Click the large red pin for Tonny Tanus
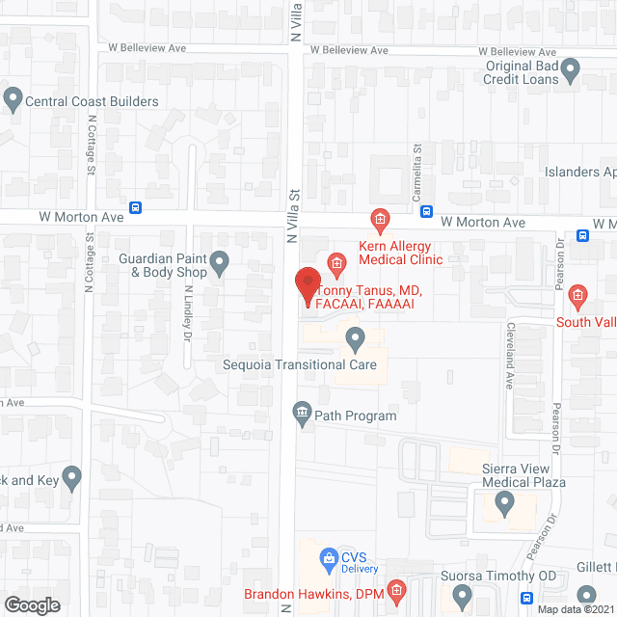tap(307, 286)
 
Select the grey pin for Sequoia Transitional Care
tap(355, 338)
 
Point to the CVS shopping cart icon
tap(328, 557)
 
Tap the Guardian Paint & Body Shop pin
tap(220, 260)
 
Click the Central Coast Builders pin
tap(13, 96)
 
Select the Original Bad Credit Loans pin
tap(570, 67)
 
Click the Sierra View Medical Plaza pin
tap(504, 501)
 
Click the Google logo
tap(32, 605)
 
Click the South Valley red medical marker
tap(578, 295)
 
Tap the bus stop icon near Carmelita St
tap(426, 212)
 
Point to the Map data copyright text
tap(576, 608)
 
